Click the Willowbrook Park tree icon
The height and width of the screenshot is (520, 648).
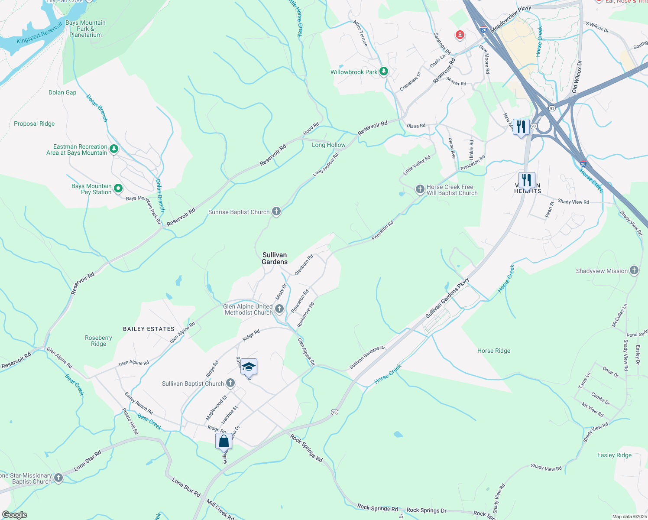[x=383, y=71]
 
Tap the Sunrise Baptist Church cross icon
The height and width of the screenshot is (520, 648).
[x=276, y=212]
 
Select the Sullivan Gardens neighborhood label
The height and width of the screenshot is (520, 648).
[x=275, y=258]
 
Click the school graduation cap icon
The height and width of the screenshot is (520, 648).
[x=249, y=367]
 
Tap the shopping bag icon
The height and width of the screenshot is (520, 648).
[x=224, y=441]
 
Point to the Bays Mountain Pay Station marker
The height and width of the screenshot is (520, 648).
[x=118, y=188]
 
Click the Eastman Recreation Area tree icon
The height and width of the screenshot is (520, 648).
[x=113, y=149]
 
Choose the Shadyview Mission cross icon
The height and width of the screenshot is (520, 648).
[x=634, y=271]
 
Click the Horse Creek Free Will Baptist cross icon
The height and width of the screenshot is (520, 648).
[x=419, y=189]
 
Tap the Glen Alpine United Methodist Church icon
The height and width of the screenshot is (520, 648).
[x=279, y=309]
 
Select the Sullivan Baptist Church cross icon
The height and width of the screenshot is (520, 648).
[x=230, y=383]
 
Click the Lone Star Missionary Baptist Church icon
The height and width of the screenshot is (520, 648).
[x=58, y=478]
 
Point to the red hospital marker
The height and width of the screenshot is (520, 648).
[x=460, y=35]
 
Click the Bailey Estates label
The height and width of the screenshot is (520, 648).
[x=149, y=329]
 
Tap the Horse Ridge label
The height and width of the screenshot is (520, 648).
[x=494, y=351]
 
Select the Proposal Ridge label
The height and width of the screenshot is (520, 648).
[x=34, y=123]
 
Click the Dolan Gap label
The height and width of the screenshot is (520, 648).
[x=62, y=92]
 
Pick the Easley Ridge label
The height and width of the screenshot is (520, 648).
[x=614, y=455]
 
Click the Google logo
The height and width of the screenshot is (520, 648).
[x=14, y=515]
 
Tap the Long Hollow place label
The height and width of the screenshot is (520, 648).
[x=329, y=145]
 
